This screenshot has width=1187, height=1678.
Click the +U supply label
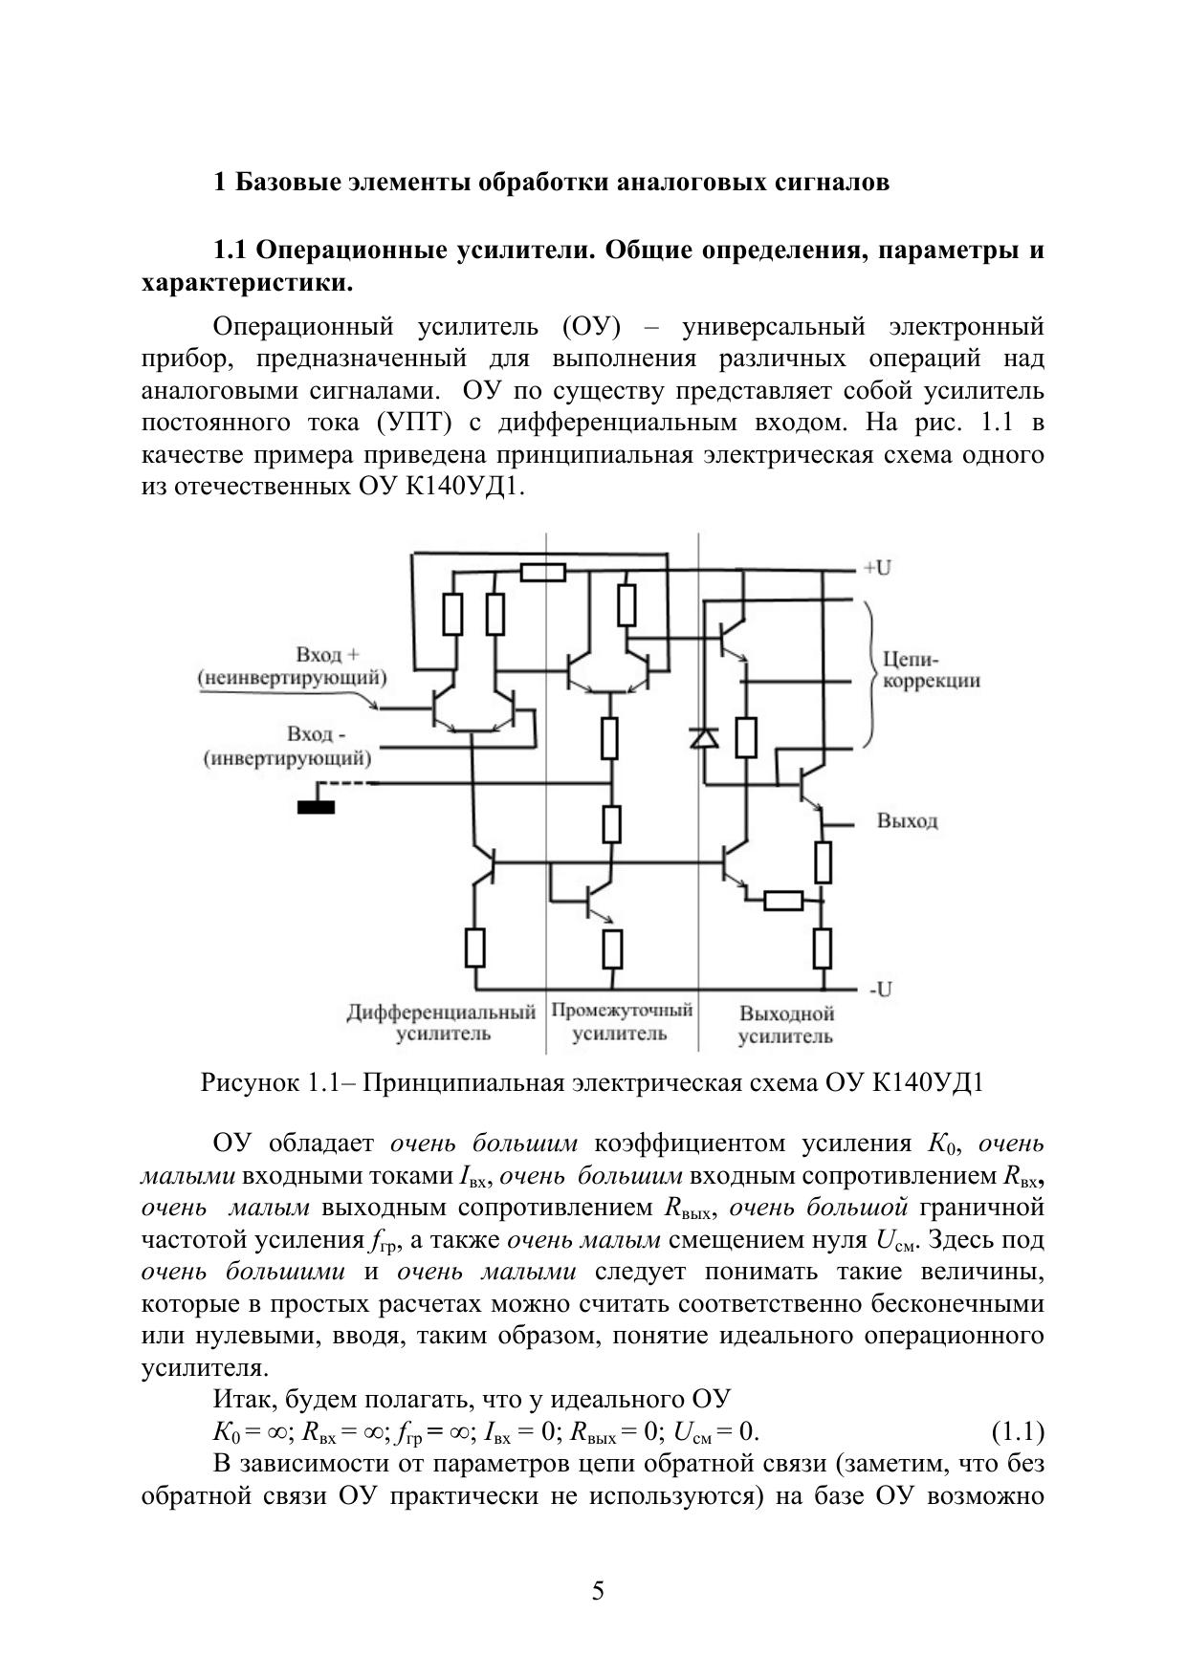[x=877, y=568]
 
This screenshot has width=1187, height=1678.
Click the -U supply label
[x=880, y=990]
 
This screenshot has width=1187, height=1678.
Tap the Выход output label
[x=907, y=821]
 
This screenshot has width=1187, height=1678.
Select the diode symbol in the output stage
[x=705, y=737]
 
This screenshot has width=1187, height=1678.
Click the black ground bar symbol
[x=316, y=807]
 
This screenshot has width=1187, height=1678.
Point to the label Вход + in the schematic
[x=327, y=655]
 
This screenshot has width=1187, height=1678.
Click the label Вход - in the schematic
[x=316, y=734]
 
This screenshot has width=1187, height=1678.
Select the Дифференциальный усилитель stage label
[x=441, y=1022]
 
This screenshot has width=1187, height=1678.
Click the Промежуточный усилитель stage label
[x=622, y=1021]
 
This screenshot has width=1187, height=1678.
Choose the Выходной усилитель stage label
[x=786, y=1025]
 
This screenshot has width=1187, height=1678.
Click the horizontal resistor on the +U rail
[x=542, y=573]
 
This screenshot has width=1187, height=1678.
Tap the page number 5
[x=598, y=1591]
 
